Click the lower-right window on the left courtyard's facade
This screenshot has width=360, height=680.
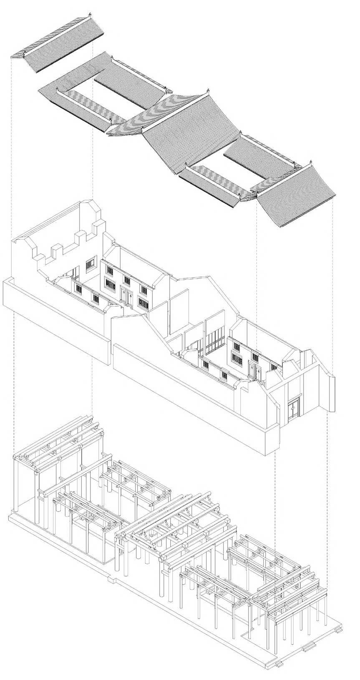coord(143,303)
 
